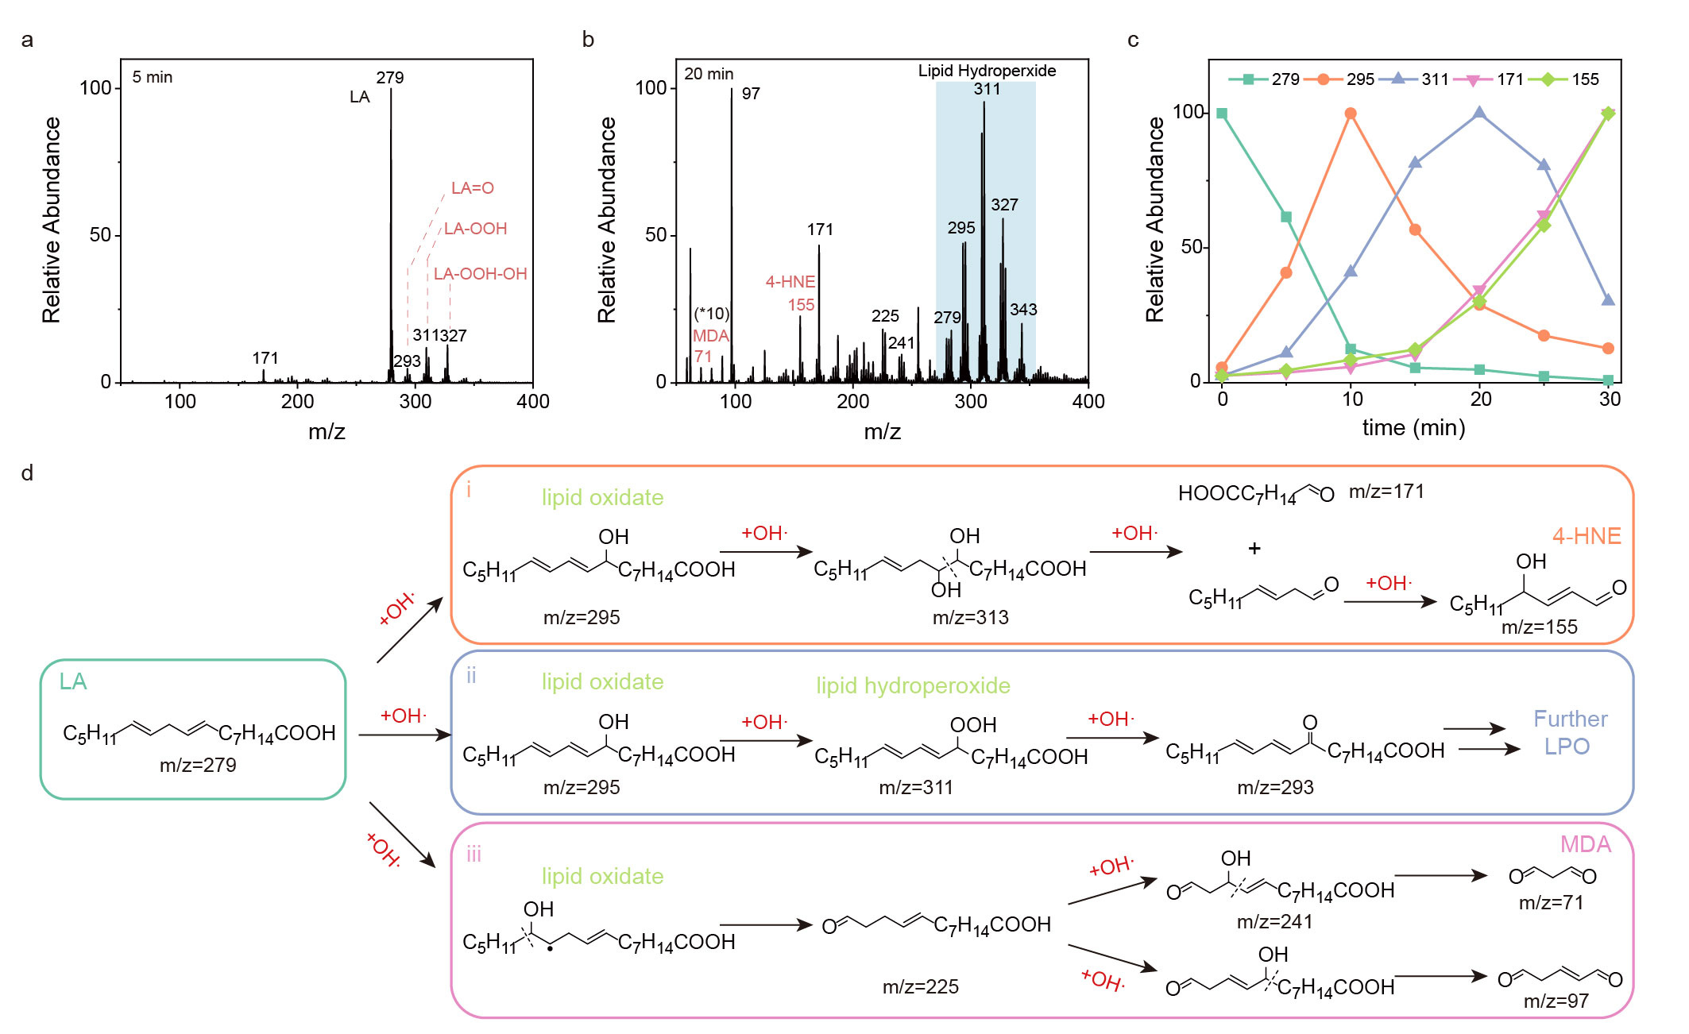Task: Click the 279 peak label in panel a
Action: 389,78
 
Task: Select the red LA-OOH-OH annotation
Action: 480,274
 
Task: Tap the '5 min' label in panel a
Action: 152,77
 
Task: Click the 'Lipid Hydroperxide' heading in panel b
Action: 987,71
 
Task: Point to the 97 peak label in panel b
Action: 751,94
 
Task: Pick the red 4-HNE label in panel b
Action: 790,282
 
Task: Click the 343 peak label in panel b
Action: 1023,310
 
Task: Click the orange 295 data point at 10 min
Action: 1351,114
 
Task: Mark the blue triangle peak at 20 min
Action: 1479,113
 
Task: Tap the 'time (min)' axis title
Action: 1413,428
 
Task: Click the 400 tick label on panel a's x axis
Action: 532,402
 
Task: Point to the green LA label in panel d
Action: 73,681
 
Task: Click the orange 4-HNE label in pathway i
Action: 1586,536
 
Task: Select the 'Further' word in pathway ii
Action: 1570,719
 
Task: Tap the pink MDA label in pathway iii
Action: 1585,844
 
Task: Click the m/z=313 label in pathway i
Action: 970,617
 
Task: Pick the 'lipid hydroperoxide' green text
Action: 913,685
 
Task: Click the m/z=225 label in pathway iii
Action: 920,986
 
